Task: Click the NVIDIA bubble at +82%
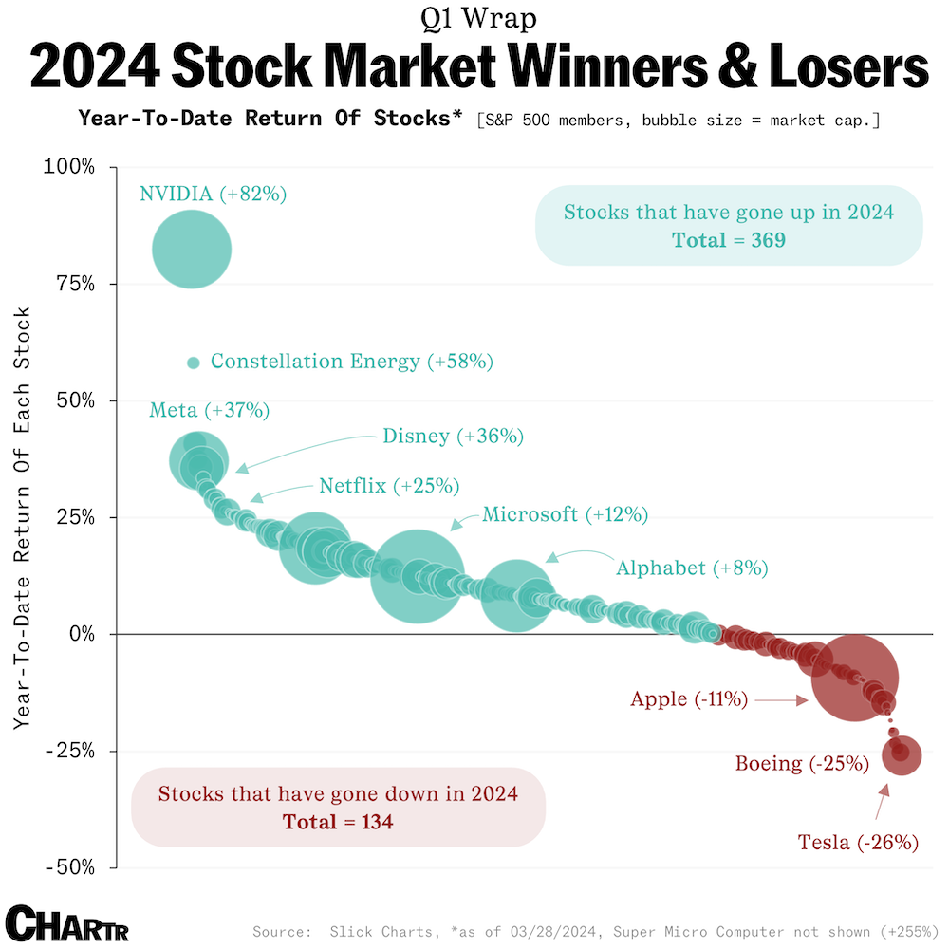point(193,250)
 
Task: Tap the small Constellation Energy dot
point(194,363)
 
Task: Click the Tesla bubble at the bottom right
point(901,754)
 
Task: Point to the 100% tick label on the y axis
point(69,167)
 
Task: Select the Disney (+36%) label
point(453,437)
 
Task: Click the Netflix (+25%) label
point(389,486)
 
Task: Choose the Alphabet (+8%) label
point(692,568)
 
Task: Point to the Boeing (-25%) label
point(802,763)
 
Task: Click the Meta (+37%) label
point(210,411)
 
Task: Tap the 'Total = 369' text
point(729,240)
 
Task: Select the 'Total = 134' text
point(338,822)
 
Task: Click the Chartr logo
point(66,922)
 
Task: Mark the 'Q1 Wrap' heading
point(474,18)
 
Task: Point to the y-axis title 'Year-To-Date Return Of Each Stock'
point(24,517)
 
